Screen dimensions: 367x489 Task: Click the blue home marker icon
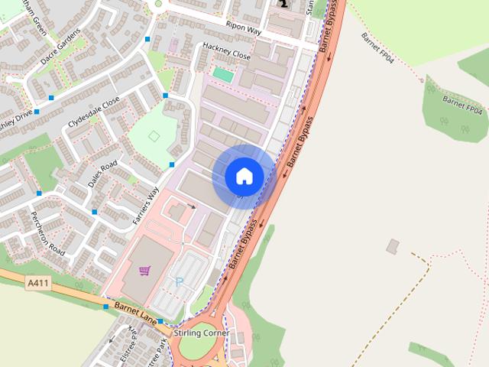pyautogui.click(x=244, y=176)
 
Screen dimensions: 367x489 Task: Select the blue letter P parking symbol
pyautogui.click(x=180, y=282)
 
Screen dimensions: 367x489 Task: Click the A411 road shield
pyautogui.click(x=37, y=283)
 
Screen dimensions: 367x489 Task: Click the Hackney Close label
pyautogui.click(x=226, y=50)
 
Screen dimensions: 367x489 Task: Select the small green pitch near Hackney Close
pyautogui.click(x=223, y=75)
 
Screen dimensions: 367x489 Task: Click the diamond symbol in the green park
pyautogui.click(x=154, y=136)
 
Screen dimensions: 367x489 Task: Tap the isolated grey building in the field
pyautogui.click(x=393, y=246)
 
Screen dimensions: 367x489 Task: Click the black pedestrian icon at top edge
pyautogui.click(x=283, y=4)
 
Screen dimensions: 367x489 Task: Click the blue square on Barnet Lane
pyautogui.click(x=106, y=307)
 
